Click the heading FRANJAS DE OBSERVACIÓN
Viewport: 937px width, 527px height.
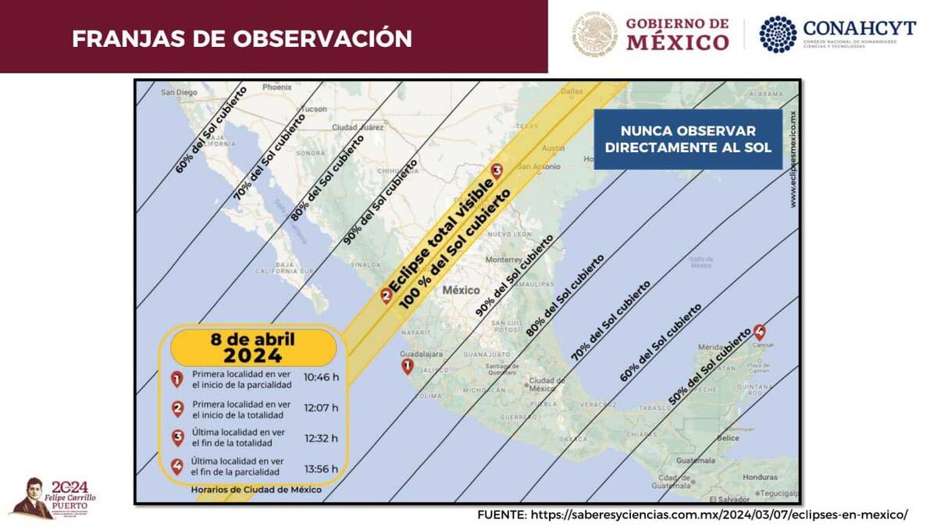(x=241, y=38)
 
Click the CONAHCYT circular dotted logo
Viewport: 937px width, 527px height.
(x=778, y=34)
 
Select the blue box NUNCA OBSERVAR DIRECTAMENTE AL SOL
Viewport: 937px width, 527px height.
(x=688, y=139)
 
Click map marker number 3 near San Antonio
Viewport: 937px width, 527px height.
(x=496, y=172)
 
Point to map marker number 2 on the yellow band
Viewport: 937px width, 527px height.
(x=386, y=295)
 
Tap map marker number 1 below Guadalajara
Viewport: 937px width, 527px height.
(x=407, y=366)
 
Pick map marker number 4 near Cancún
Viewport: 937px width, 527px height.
(x=759, y=331)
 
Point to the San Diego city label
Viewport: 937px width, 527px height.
(x=180, y=93)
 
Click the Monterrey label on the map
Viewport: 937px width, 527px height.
(x=503, y=259)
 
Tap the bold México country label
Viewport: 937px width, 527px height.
(x=461, y=290)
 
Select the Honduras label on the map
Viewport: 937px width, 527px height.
(x=761, y=477)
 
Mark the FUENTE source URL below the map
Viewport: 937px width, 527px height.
(x=693, y=515)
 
